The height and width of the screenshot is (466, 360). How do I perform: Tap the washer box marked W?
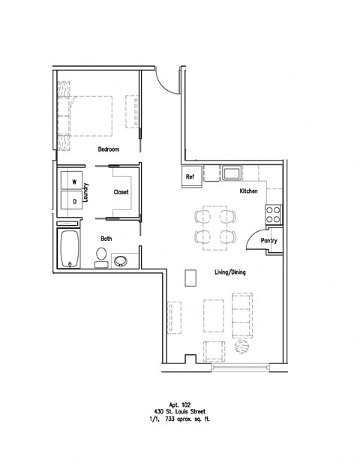(x=73, y=182)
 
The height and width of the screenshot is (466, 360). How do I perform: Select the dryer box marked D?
(x=73, y=200)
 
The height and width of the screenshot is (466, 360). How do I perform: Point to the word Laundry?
(x=88, y=192)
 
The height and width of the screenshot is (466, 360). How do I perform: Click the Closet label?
(x=121, y=192)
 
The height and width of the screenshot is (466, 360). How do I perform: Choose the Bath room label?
(x=107, y=239)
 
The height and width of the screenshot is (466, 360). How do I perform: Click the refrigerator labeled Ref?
(x=190, y=177)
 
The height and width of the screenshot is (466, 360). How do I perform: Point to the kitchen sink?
(x=230, y=174)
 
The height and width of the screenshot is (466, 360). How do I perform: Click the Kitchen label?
(x=249, y=192)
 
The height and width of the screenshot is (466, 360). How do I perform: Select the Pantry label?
(x=269, y=241)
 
